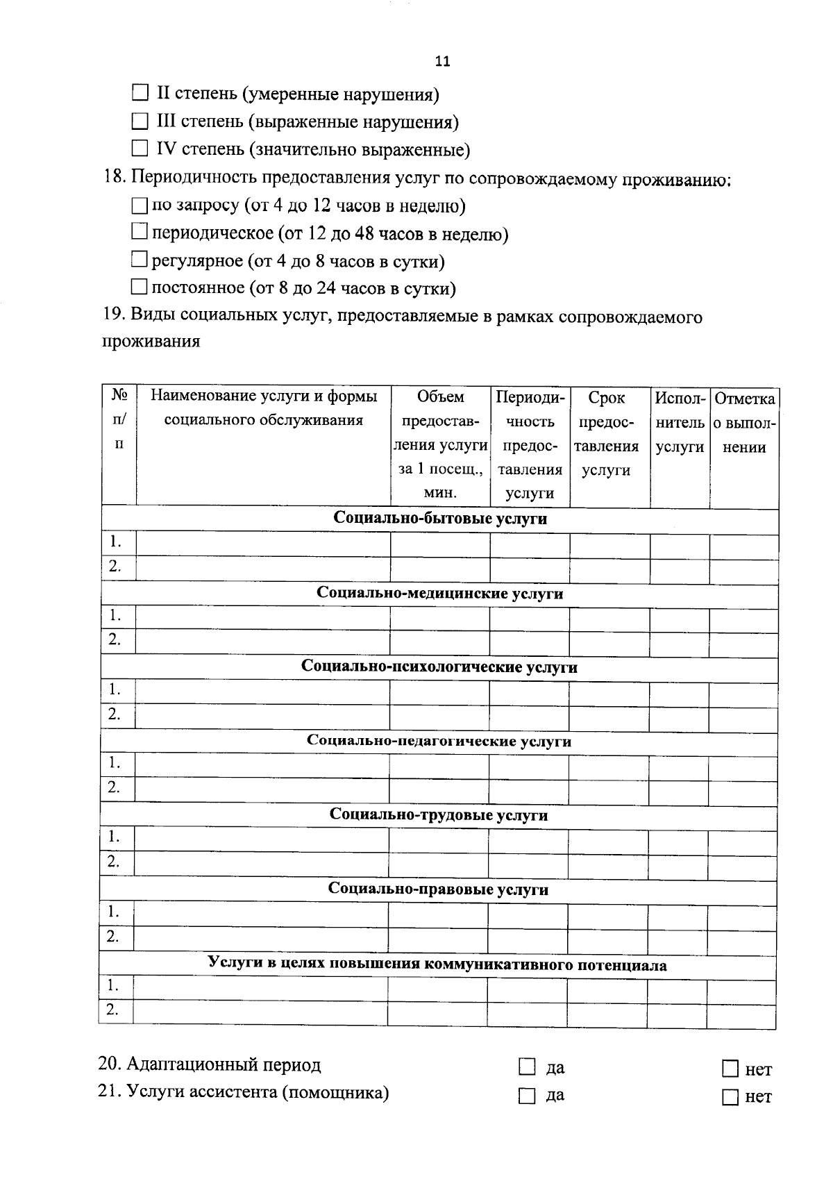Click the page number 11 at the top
pyautogui.click(x=442, y=61)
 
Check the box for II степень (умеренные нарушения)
pyautogui.click(x=140, y=93)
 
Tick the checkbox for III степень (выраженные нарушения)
pyautogui.click(x=140, y=122)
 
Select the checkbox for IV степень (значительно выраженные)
pyautogui.click(x=140, y=149)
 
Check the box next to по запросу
pyautogui.click(x=140, y=206)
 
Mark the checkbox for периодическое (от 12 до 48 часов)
pyautogui.click(x=140, y=233)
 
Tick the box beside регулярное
pyautogui.click(x=140, y=260)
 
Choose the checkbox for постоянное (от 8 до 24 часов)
pyautogui.click(x=140, y=287)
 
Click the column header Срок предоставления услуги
pyautogui.click(x=606, y=434)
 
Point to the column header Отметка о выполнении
pyautogui.click(x=744, y=422)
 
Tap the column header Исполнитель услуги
pyautogui.click(x=680, y=422)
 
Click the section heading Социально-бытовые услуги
pyautogui.click(x=440, y=519)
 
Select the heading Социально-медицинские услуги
pyautogui.click(x=440, y=593)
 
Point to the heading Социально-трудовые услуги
pyautogui.click(x=439, y=814)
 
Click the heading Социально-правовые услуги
pyautogui.click(x=439, y=889)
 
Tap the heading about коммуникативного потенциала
pyautogui.click(x=437, y=964)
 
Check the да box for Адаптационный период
pyautogui.click(x=528, y=1067)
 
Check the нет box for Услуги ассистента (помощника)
pyautogui.click(x=730, y=1097)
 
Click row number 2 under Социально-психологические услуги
pyautogui.click(x=115, y=713)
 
